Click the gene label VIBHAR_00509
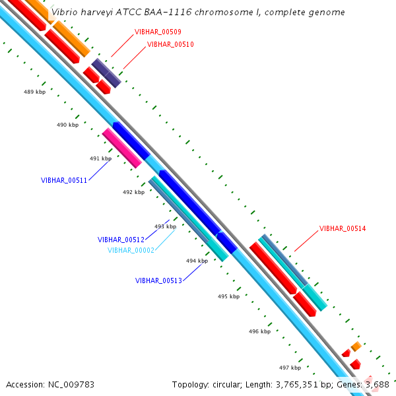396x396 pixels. tap(158, 32)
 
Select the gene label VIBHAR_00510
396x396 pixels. tap(170, 44)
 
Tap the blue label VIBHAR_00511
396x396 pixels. tap(64, 180)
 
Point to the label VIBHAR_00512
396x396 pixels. tap(121, 240)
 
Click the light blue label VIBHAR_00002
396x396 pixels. tap(131, 250)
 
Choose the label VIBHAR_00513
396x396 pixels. tap(158, 280)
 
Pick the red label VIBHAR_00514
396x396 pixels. tap(343, 228)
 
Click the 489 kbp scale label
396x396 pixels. tap(34, 92)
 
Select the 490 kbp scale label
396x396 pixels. tap(67, 125)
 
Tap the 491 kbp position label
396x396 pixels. tap(100, 158)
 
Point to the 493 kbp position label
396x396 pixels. tap(165, 226)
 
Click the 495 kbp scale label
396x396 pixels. tap(228, 296)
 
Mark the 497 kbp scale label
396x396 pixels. tap(290, 368)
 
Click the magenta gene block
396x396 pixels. tap(122, 148)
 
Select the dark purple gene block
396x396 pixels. tap(106, 73)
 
